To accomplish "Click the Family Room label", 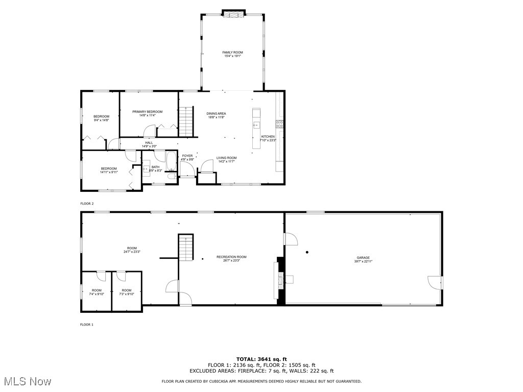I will [x=232, y=54].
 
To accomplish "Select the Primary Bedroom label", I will [x=147, y=113].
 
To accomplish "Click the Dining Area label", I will [x=216, y=115].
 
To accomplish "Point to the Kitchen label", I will [x=268, y=138].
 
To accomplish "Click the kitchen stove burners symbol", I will [x=280, y=124].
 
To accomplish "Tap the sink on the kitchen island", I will [x=256, y=125].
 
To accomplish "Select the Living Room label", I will [x=226, y=160].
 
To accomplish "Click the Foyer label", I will [x=187, y=158].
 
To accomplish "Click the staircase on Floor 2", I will [x=186, y=121].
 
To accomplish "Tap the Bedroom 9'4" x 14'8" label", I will [x=101, y=118].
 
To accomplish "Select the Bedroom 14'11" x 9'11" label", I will [x=108, y=170].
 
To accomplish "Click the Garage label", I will [x=363, y=259].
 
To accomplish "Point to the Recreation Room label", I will [x=231, y=259].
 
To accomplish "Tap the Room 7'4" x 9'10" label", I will [x=97, y=292].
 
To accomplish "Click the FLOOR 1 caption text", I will [x=87, y=325].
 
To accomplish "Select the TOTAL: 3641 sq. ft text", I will [x=261, y=359].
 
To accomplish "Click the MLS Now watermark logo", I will [x=27, y=381].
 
